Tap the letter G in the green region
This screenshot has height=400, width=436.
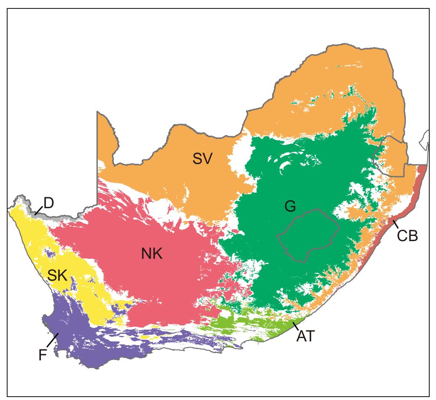pos(290,207)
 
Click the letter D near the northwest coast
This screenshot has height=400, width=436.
pos(48,203)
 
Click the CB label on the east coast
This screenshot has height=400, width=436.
pos(407,236)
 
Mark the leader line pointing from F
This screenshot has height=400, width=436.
pos(53,338)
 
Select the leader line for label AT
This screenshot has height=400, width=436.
pos(297,325)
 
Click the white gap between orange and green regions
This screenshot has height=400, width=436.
pos(240,156)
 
